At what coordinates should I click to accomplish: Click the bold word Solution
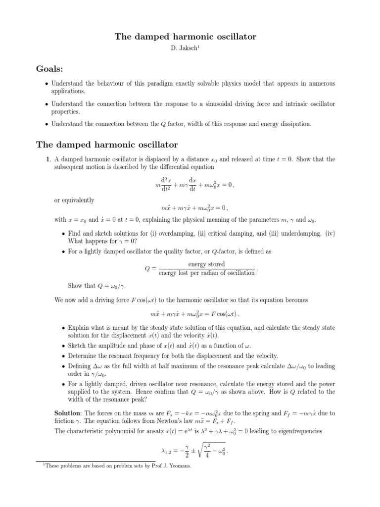68,412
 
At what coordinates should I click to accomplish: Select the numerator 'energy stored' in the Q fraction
206,264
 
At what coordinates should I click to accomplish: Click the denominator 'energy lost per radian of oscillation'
206,273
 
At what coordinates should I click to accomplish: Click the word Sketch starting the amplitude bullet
78,346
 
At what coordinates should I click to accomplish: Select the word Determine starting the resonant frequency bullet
83,355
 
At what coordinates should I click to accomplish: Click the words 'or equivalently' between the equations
74,200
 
